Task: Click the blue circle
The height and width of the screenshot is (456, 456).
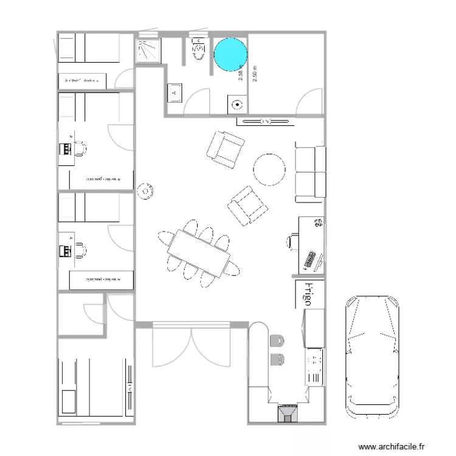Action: click(x=230, y=54)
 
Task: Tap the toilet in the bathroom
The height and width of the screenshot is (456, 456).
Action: click(x=198, y=52)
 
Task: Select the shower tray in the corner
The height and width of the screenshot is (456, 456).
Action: click(x=148, y=51)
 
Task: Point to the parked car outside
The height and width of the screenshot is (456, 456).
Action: click(x=372, y=356)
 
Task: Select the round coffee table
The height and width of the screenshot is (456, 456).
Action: click(x=269, y=169)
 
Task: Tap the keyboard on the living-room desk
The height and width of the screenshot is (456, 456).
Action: click(x=310, y=260)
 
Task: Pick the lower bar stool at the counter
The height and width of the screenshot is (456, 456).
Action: click(x=277, y=359)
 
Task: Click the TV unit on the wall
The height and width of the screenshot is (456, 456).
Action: click(x=265, y=122)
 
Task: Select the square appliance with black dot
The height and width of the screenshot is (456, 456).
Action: click(x=238, y=104)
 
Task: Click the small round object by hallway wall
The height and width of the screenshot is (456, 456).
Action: click(x=146, y=191)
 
